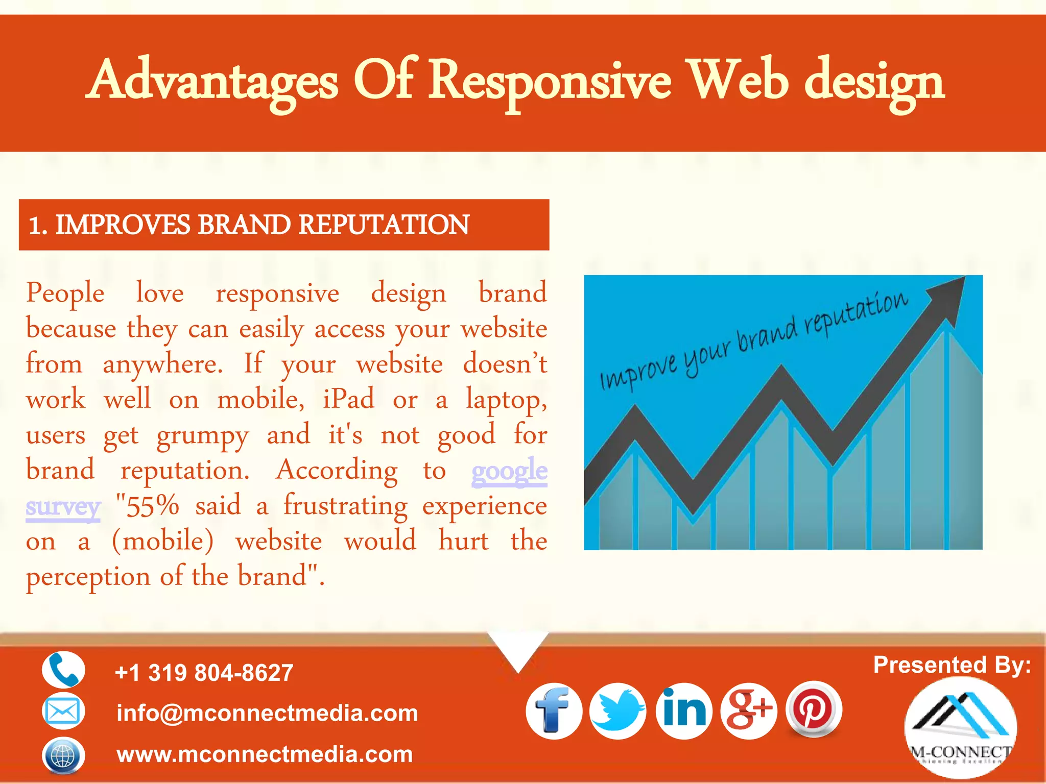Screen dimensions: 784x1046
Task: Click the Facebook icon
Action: [x=554, y=711]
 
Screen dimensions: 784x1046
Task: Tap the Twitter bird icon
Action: [x=618, y=711]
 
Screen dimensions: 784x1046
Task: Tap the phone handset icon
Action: [x=63, y=670]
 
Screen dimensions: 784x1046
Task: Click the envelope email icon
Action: [x=63, y=711]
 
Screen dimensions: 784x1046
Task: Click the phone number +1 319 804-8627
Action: [x=204, y=673]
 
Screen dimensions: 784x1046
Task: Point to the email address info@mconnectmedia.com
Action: [x=267, y=713]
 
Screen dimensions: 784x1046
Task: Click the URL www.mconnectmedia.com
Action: [x=265, y=754]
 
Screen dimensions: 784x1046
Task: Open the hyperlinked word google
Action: [x=509, y=471]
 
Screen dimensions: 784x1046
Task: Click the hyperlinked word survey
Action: [x=63, y=506]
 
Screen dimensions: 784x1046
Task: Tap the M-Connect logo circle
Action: [x=960, y=727]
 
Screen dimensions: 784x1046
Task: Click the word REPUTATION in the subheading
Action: [x=384, y=225]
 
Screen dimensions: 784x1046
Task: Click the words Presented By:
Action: [x=952, y=665]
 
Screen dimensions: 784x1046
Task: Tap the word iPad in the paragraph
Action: [x=348, y=399]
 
